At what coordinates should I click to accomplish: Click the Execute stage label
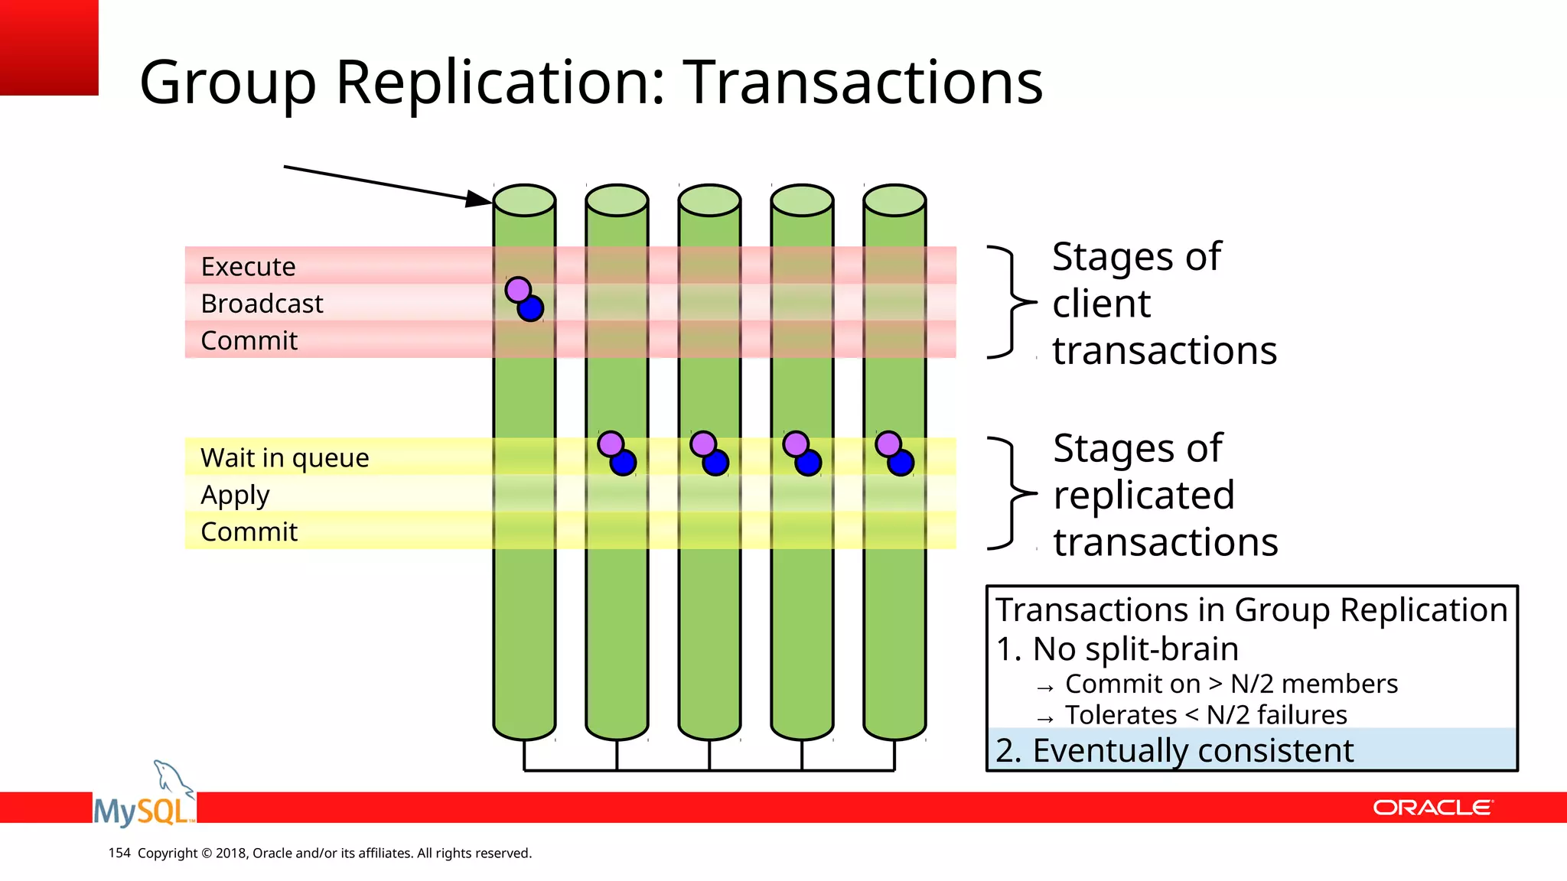248,266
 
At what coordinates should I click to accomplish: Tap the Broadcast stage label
262,304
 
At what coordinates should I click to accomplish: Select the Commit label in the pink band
249,340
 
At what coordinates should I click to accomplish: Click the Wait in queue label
285,457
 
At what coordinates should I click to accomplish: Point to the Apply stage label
235,495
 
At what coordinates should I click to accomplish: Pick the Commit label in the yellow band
249,532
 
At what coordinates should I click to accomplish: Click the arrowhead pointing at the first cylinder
479,200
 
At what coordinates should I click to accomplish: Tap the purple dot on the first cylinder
518,290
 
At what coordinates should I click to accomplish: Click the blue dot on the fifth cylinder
901,463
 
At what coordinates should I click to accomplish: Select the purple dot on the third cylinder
703,444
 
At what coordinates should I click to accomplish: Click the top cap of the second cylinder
617,200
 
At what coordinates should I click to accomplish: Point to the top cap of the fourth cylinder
802,200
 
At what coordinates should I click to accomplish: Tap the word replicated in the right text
1144,495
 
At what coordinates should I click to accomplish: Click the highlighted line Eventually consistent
1174,750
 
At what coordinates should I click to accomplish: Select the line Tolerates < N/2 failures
1206,715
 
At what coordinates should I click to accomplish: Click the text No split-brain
1135,649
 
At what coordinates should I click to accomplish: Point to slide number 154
119,853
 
